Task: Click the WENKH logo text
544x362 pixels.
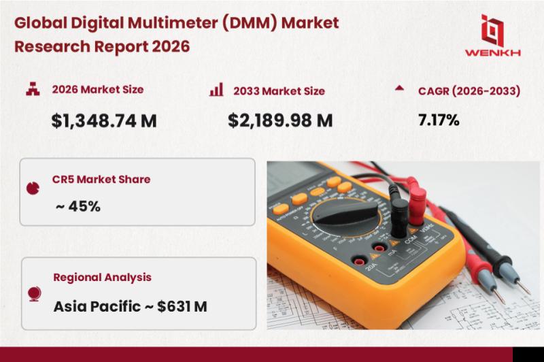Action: click(x=492, y=53)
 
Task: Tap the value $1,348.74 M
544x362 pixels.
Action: click(x=104, y=121)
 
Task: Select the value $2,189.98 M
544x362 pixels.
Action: click(x=280, y=120)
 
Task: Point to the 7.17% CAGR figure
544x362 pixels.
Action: click(x=439, y=120)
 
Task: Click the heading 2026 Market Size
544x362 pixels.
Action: click(x=98, y=89)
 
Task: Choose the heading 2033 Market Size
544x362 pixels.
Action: click(x=279, y=91)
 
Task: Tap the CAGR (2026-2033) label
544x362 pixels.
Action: click(x=469, y=91)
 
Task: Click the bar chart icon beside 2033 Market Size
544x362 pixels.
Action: click(x=216, y=90)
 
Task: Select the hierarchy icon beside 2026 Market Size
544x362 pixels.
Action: click(x=33, y=89)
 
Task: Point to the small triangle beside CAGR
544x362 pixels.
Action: click(x=399, y=88)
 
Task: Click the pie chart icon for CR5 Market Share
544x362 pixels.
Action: click(x=33, y=188)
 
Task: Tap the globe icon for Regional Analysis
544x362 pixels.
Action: click(x=35, y=294)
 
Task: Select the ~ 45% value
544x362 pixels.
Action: click(x=78, y=206)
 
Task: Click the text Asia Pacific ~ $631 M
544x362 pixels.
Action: click(x=131, y=306)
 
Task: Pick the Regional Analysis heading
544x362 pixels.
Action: click(x=103, y=278)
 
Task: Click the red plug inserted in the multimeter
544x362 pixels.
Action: click(x=416, y=201)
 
